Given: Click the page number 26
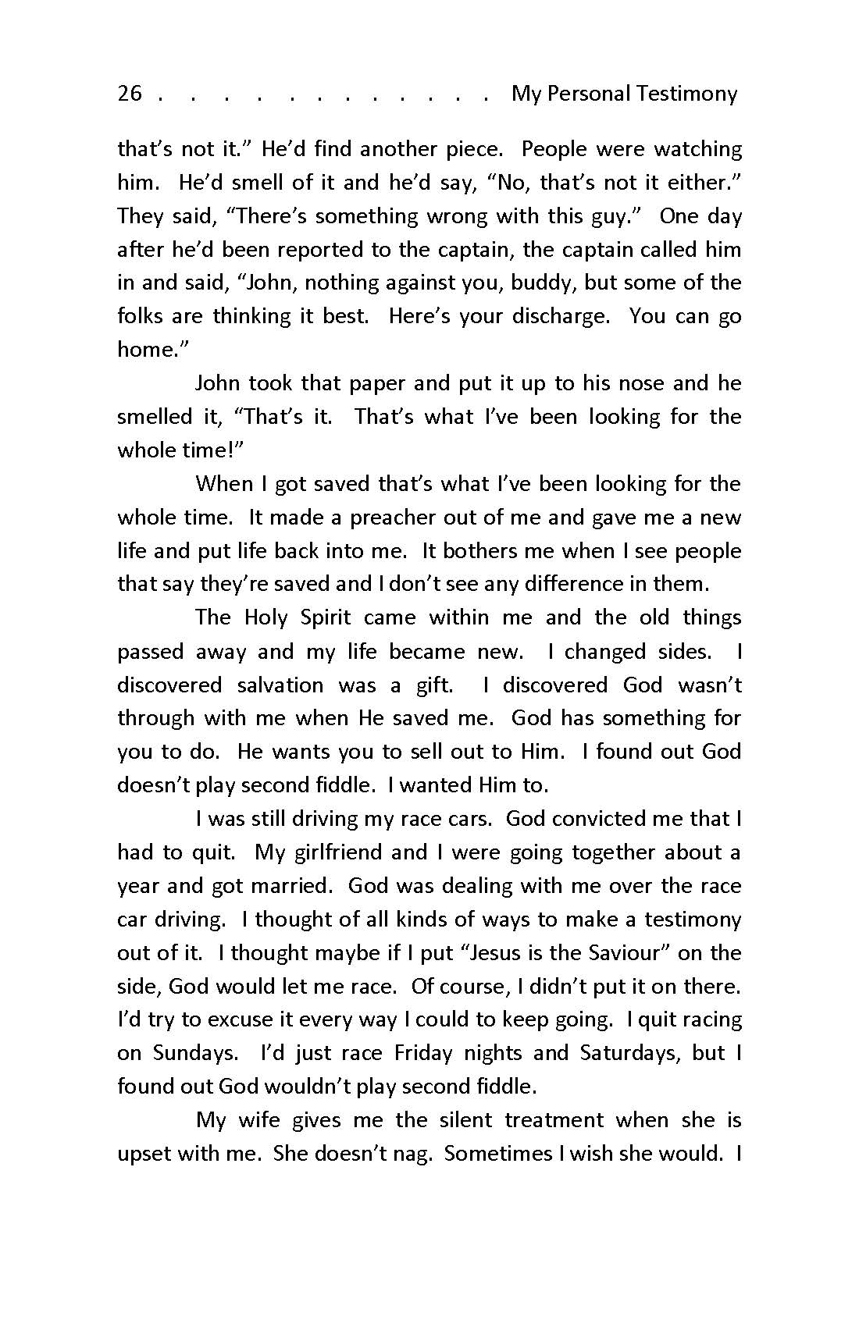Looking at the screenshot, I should point(130,94).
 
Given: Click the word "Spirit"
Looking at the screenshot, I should point(327,617).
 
